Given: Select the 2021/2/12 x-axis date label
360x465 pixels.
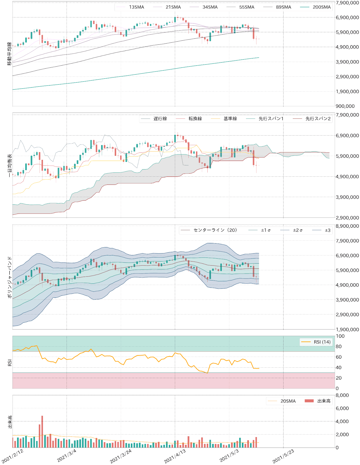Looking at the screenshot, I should [13, 456].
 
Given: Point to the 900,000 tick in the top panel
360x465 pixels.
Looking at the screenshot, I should [345, 106].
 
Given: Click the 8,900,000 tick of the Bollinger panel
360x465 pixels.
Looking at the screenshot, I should [347, 226].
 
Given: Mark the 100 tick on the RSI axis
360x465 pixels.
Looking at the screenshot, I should [340, 336].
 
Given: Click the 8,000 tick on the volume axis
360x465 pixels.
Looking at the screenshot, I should [342, 395].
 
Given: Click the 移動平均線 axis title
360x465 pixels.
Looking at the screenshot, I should [9, 54].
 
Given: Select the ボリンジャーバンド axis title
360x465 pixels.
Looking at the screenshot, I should [9, 277].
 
